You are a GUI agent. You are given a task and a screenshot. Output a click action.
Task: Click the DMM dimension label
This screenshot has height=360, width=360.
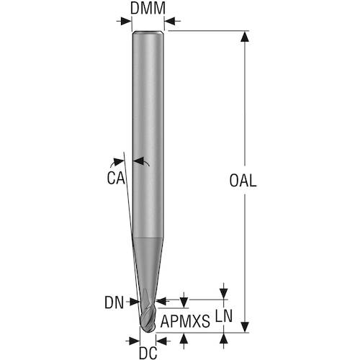148,9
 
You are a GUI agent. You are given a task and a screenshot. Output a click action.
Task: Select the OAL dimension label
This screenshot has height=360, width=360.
243,181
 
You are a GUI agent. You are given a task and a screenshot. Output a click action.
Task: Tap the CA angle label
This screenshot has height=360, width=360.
116,179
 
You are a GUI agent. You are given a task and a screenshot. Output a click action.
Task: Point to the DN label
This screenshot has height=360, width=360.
114,302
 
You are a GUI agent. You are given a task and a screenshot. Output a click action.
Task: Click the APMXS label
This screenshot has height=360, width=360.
185,321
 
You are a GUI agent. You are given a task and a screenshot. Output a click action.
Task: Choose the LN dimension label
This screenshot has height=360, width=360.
224,316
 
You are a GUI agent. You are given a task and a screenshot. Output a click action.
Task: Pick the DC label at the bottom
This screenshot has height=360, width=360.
148,353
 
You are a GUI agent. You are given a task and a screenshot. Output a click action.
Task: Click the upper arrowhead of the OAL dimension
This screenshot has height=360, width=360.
245,37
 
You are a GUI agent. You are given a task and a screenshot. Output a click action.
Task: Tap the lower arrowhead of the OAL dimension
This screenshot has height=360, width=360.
245,327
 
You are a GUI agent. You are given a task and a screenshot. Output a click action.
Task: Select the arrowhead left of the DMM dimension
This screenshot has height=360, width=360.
126,21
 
